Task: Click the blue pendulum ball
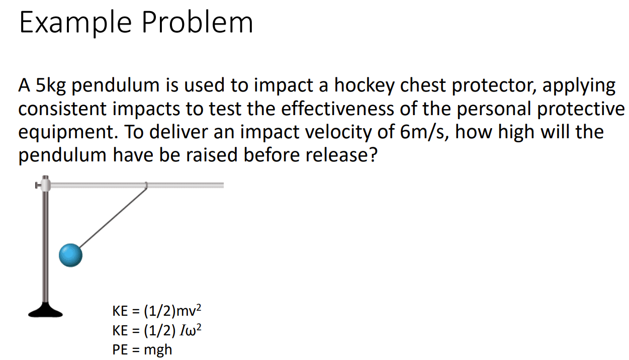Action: pos(70,255)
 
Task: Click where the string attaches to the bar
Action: pos(146,186)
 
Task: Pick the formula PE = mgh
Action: pos(142,349)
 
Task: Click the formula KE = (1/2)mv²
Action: pos(157,311)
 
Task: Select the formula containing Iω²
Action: pos(157,330)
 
